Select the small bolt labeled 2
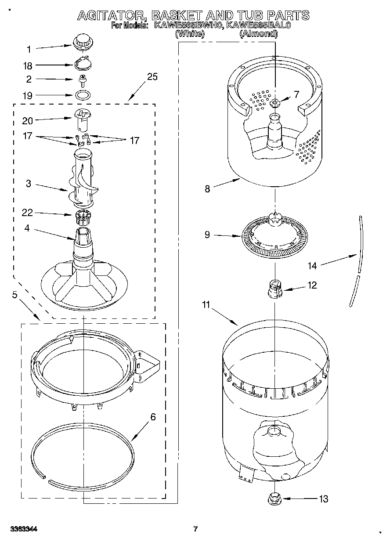(81, 79)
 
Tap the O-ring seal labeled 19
(82, 94)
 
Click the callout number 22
(28, 213)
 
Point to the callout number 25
(152, 77)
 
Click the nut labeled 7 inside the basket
(275, 103)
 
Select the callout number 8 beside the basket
(207, 189)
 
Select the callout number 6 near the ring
(153, 417)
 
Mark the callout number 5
(14, 295)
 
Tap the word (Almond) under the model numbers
(258, 33)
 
